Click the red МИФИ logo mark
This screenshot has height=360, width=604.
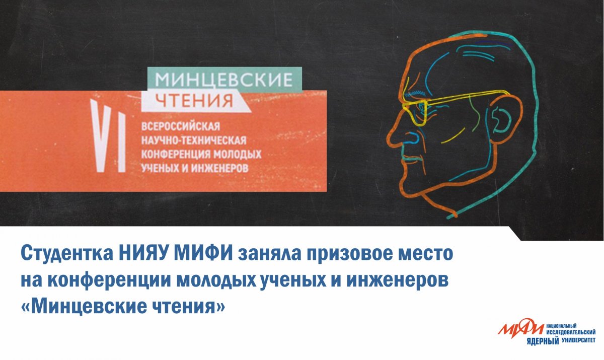pyautogui.click(x=520, y=330)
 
